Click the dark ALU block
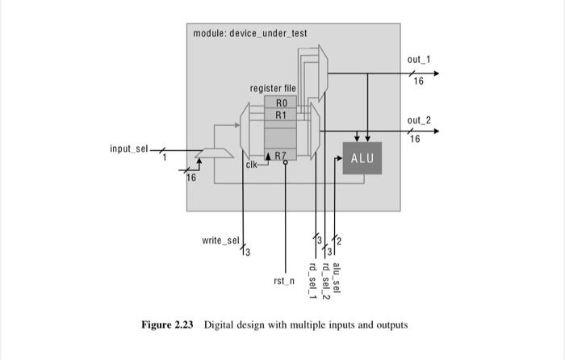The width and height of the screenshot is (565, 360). pyautogui.click(x=362, y=157)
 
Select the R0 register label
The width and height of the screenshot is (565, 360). pyautogui.click(x=281, y=103)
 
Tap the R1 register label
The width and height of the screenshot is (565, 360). pyautogui.click(x=281, y=115)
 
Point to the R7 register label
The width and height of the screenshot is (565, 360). pyautogui.click(x=280, y=155)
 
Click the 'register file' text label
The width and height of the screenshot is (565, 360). pyautogui.click(x=273, y=88)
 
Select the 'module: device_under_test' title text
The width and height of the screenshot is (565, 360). pyautogui.click(x=250, y=33)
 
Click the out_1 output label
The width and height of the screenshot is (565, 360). pyautogui.click(x=419, y=61)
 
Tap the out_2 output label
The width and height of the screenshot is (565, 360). pyautogui.click(x=419, y=120)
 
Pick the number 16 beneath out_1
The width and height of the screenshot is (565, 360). pyautogui.click(x=418, y=82)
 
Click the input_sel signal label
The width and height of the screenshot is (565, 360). pyautogui.click(x=129, y=149)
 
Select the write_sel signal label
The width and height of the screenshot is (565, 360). pyautogui.click(x=220, y=241)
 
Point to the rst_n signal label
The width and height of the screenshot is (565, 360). pyautogui.click(x=284, y=281)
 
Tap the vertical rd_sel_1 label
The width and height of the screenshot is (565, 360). pyautogui.click(x=313, y=279)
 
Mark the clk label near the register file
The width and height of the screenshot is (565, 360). pyautogui.click(x=252, y=165)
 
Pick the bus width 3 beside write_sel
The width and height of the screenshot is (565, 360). pyautogui.click(x=247, y=253)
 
